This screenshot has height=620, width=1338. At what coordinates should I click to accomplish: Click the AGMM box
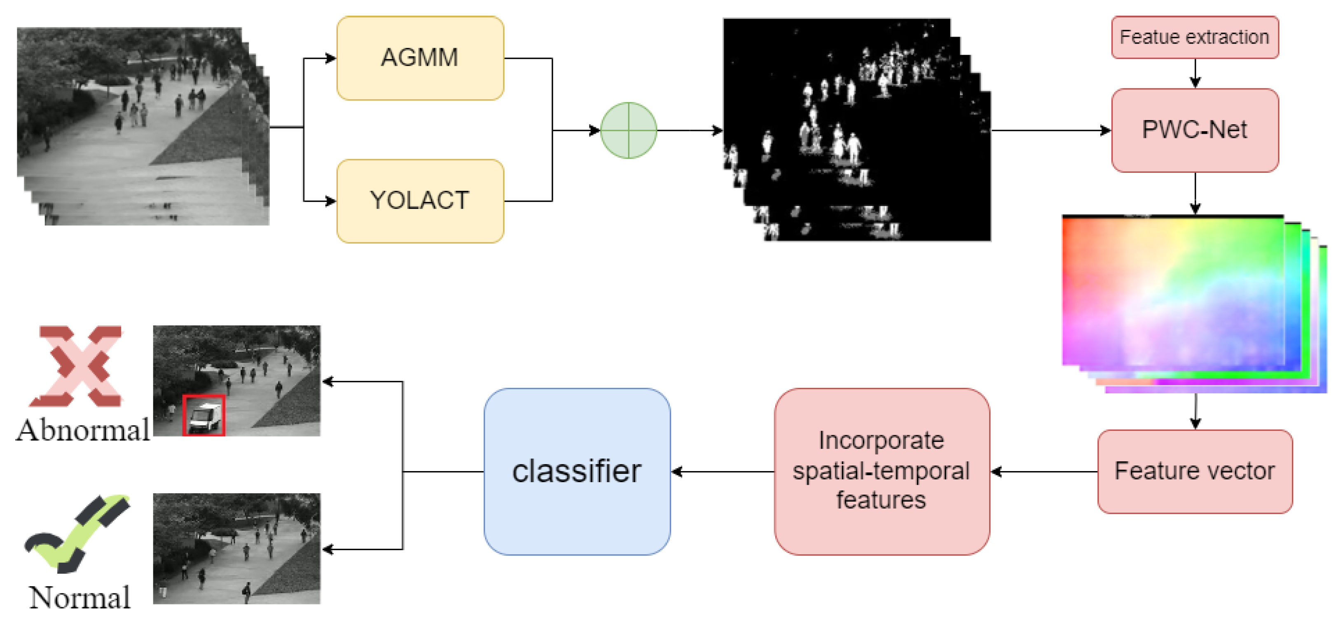click(420, 58)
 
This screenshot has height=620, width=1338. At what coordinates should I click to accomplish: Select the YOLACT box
click(420, 201)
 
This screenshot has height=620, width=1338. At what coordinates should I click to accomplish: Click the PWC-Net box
click(1194, 130)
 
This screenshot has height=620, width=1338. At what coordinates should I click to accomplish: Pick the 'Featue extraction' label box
click(1194, 37)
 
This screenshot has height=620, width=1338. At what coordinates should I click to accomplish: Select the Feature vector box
click(1194, 471)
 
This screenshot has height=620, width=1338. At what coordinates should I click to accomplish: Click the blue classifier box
click(577, 471)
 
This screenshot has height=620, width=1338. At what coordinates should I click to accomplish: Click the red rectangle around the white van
click(204, 415)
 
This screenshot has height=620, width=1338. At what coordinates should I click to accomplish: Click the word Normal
click(80, 598)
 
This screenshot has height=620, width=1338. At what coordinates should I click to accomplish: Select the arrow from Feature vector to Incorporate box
click(1044, 471)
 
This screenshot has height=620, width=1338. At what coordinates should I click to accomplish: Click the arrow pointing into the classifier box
click(722, 471)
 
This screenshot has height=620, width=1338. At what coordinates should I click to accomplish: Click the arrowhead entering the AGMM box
click(330, 58)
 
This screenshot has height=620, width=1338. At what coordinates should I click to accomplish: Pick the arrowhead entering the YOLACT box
click(330, 201)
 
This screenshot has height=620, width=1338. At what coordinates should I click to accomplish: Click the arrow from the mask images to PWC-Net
click(1049, 130)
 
